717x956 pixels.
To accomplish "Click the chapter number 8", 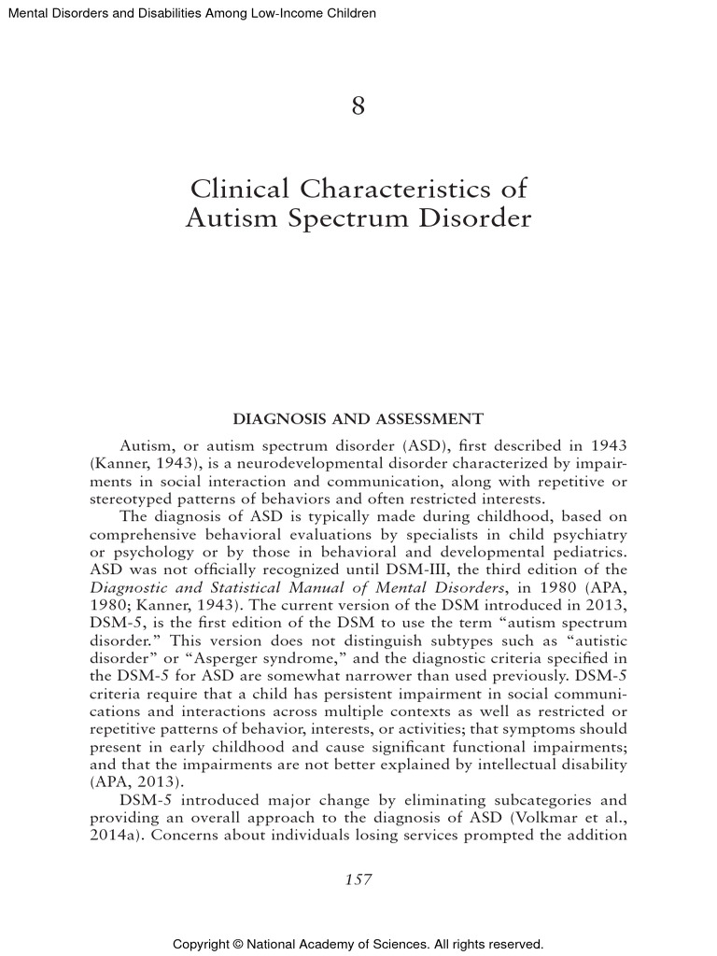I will click(x=358, y=106).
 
